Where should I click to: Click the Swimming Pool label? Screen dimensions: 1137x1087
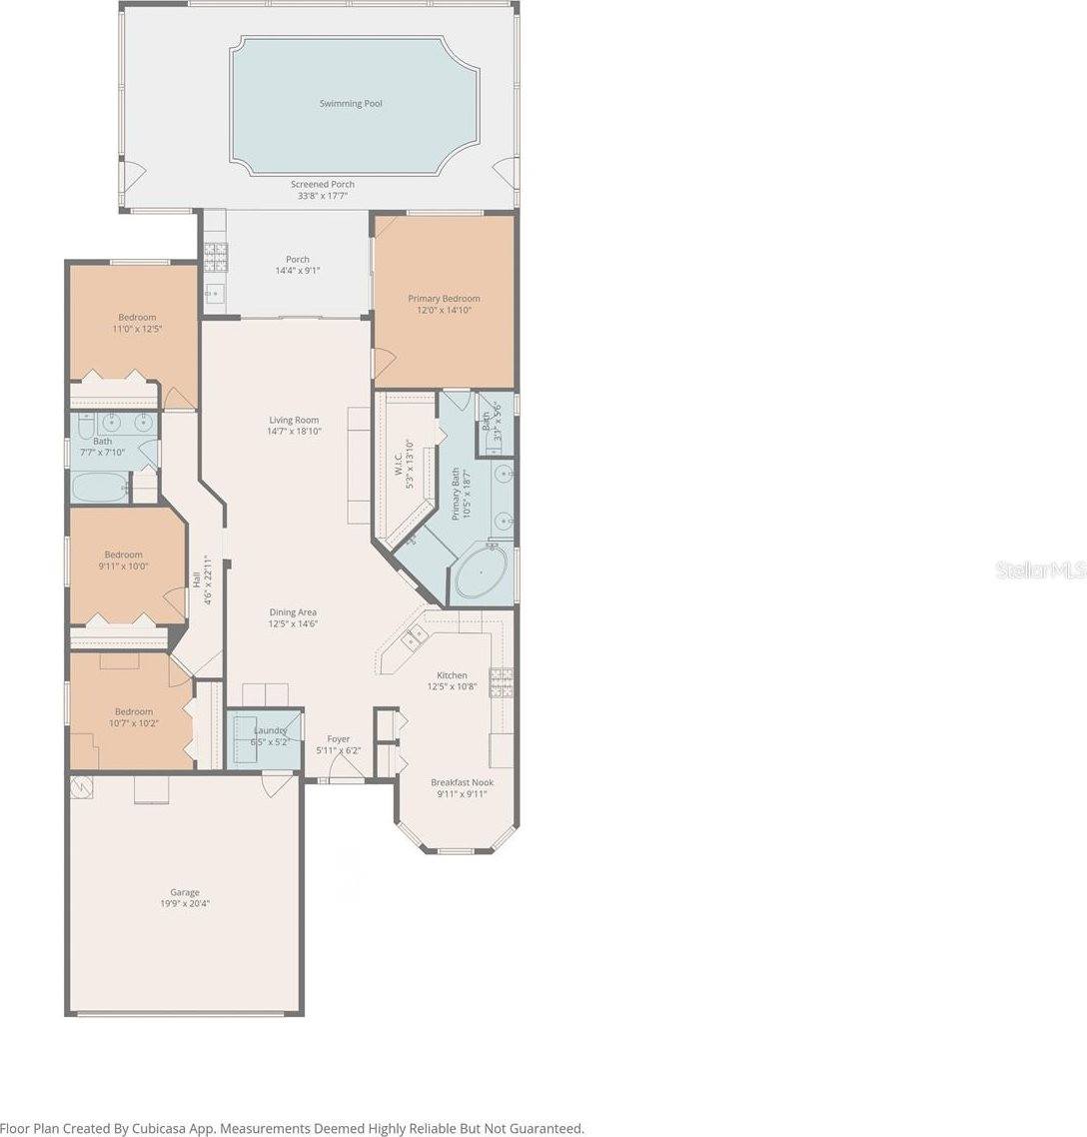tap(351, 104)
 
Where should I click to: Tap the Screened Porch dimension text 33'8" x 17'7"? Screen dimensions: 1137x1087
tap(323, 196)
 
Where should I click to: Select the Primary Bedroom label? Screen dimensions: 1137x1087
tap(444, 299)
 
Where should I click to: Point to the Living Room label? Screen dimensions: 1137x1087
tap(294, 421)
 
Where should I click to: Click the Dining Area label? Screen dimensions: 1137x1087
tap(293, 612)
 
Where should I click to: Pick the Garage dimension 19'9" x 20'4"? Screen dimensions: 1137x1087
tap(185, 903)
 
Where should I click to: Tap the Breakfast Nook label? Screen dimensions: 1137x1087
tap(462, 782)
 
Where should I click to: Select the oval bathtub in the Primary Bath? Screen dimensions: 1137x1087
tap(481, 575)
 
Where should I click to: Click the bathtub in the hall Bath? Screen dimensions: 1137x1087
tap(99, 488)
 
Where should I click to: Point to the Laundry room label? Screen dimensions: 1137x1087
tap(270, 730)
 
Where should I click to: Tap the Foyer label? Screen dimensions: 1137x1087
tap(339, 739)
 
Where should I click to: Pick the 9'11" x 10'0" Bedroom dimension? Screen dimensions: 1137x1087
tap(124, 566)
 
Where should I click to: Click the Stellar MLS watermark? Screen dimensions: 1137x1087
tap(1040, 570)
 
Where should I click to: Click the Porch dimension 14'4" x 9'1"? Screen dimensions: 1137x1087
tap(298, 271)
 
